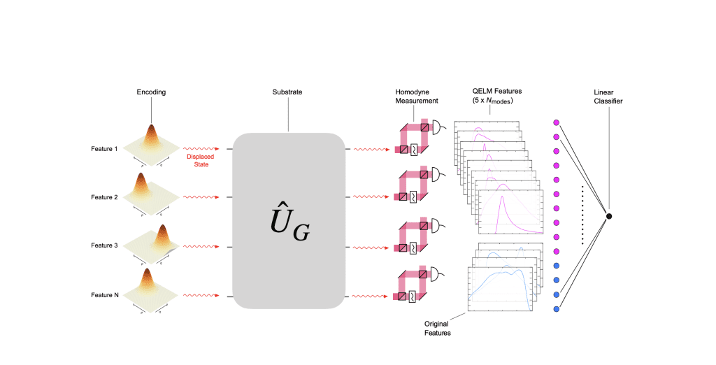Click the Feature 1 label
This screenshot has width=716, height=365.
(104, 149)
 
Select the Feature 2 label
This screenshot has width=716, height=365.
(104, 198)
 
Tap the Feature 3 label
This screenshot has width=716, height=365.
(104, 246)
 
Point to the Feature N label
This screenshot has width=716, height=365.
(104, 296)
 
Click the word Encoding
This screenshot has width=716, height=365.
(151, 92)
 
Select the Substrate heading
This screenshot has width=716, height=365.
(287, 92)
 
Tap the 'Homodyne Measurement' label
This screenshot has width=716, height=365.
(417, 96)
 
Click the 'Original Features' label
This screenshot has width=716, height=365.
(438, 329)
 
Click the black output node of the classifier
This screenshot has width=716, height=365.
(608, 216)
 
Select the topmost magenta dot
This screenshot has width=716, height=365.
(557, 123)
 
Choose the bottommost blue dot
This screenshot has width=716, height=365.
(557, 308)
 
